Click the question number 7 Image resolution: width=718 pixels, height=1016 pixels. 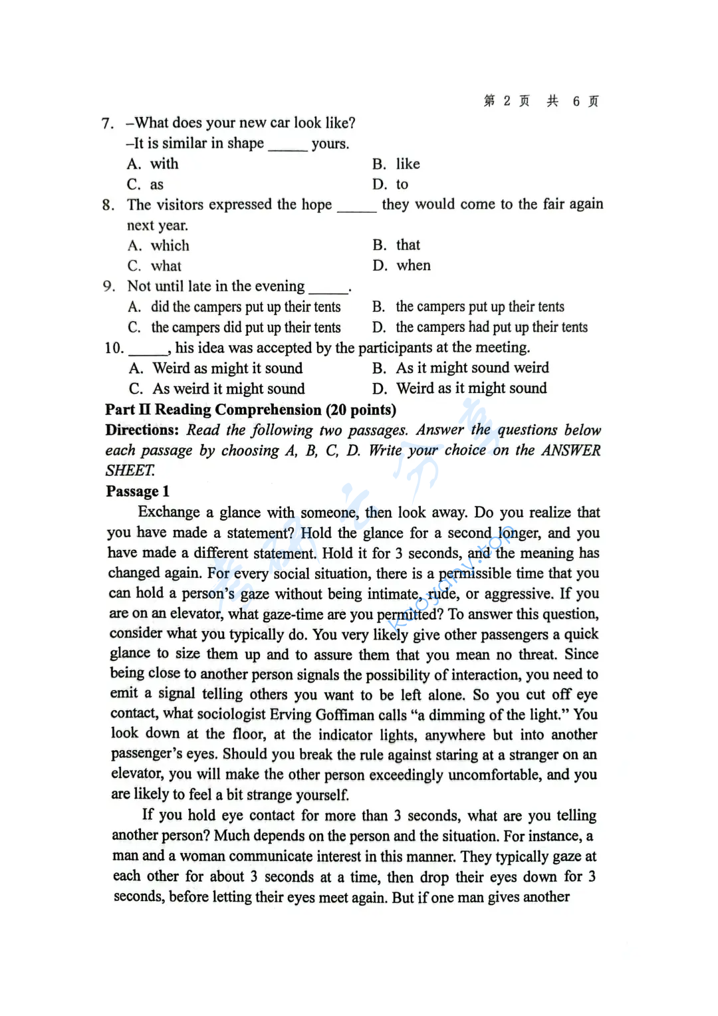[108, 124]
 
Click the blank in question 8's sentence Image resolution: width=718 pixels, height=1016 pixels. [356, 206]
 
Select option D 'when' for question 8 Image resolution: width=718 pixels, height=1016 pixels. [402, 266]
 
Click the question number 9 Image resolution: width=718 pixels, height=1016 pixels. [109, 287]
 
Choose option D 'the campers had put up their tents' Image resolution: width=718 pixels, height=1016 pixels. [480, 327]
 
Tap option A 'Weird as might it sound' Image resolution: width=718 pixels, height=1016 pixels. [215, 368]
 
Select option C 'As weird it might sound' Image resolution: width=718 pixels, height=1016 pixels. [217, 389]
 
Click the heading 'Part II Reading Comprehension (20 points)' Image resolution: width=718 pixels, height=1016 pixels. [251, 410]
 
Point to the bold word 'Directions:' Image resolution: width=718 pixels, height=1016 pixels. [142, 430]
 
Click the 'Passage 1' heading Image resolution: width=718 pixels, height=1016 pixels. [138, 491]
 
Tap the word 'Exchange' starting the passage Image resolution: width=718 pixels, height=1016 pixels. [169, 512]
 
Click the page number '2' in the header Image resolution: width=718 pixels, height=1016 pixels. [507, 101]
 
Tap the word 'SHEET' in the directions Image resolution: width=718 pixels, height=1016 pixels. [130, 471]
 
